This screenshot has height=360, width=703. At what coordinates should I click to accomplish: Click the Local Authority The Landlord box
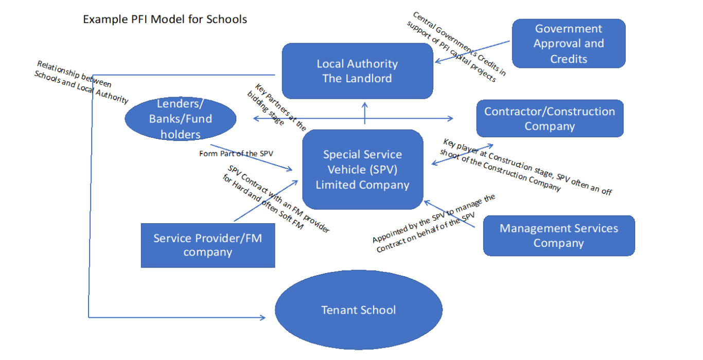(357, 71)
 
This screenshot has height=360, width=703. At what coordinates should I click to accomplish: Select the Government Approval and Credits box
(568, 44)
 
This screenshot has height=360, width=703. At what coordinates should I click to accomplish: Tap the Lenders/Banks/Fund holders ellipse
(180, 119)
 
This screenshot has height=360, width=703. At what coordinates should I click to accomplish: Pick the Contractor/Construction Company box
(550, 119)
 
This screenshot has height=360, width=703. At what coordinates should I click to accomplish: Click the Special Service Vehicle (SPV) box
(362, 170)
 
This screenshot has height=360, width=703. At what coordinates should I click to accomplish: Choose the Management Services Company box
(558, 236)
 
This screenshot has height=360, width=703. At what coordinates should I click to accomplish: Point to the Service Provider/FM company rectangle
(207, 245)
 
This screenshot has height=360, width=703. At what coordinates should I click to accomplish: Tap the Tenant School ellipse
(358, 310)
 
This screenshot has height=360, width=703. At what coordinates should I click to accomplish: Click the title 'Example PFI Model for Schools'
(165, 20)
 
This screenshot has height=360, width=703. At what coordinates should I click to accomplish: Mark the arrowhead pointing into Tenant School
(263, 317)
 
